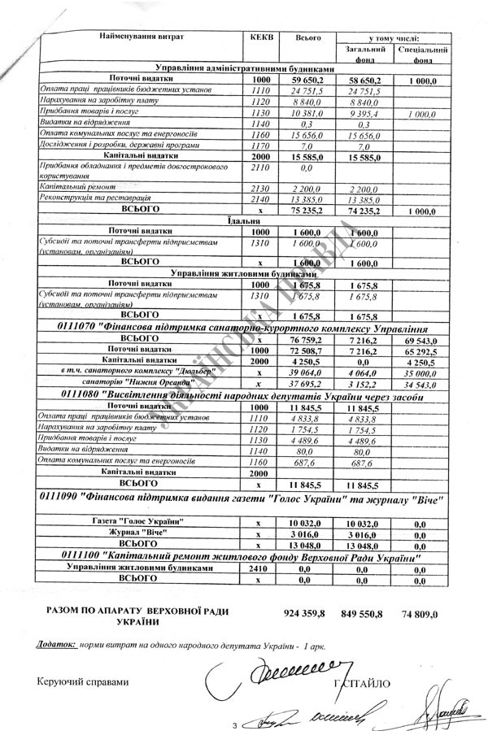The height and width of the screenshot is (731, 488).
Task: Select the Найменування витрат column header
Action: pyautogui.click(x=142, y=37)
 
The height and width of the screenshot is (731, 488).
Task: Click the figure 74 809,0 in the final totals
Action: pyautogui.click(x=419, y=615)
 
